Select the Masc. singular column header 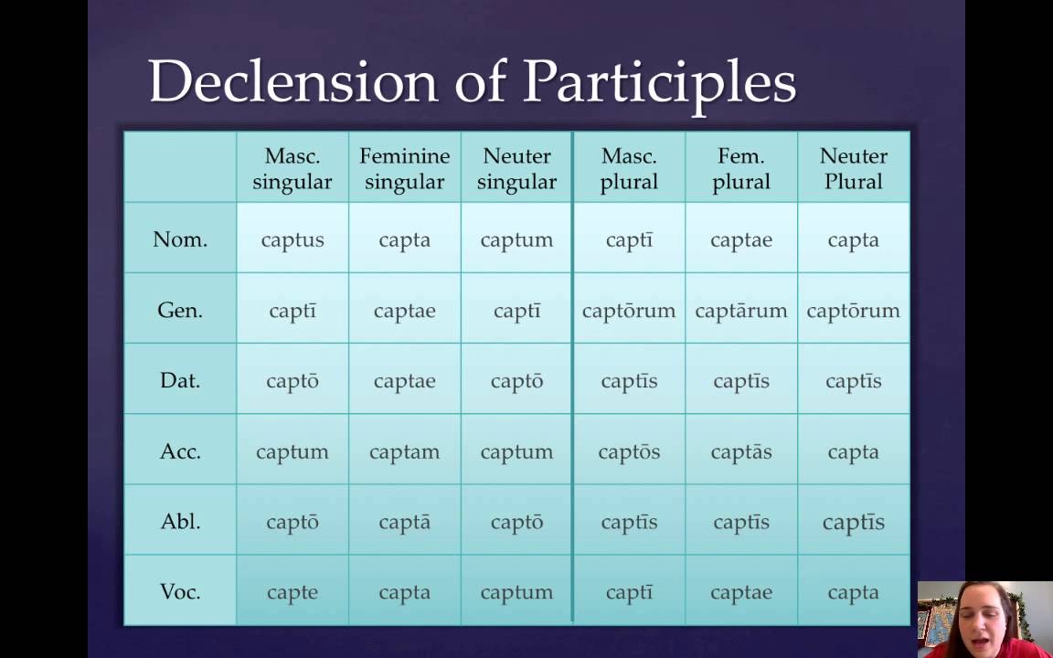click(292, 169)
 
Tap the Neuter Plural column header click(853, 169)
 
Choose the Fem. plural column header click(741, 169)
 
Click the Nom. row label click(180, 239)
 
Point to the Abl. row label click(180, 522)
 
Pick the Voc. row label click(180, 592)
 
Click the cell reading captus click(292, 240)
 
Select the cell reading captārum click(741, 311)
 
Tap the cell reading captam click(404, 451)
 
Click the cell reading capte click(292, 592)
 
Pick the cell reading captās click(741, 451)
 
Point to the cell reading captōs click(629, 451)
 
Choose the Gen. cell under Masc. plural click(629, 311)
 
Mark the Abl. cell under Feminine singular click(404, 522)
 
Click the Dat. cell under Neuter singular click(516, 381)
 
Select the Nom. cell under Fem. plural click(741, 240)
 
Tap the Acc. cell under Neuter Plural click(853, 451)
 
